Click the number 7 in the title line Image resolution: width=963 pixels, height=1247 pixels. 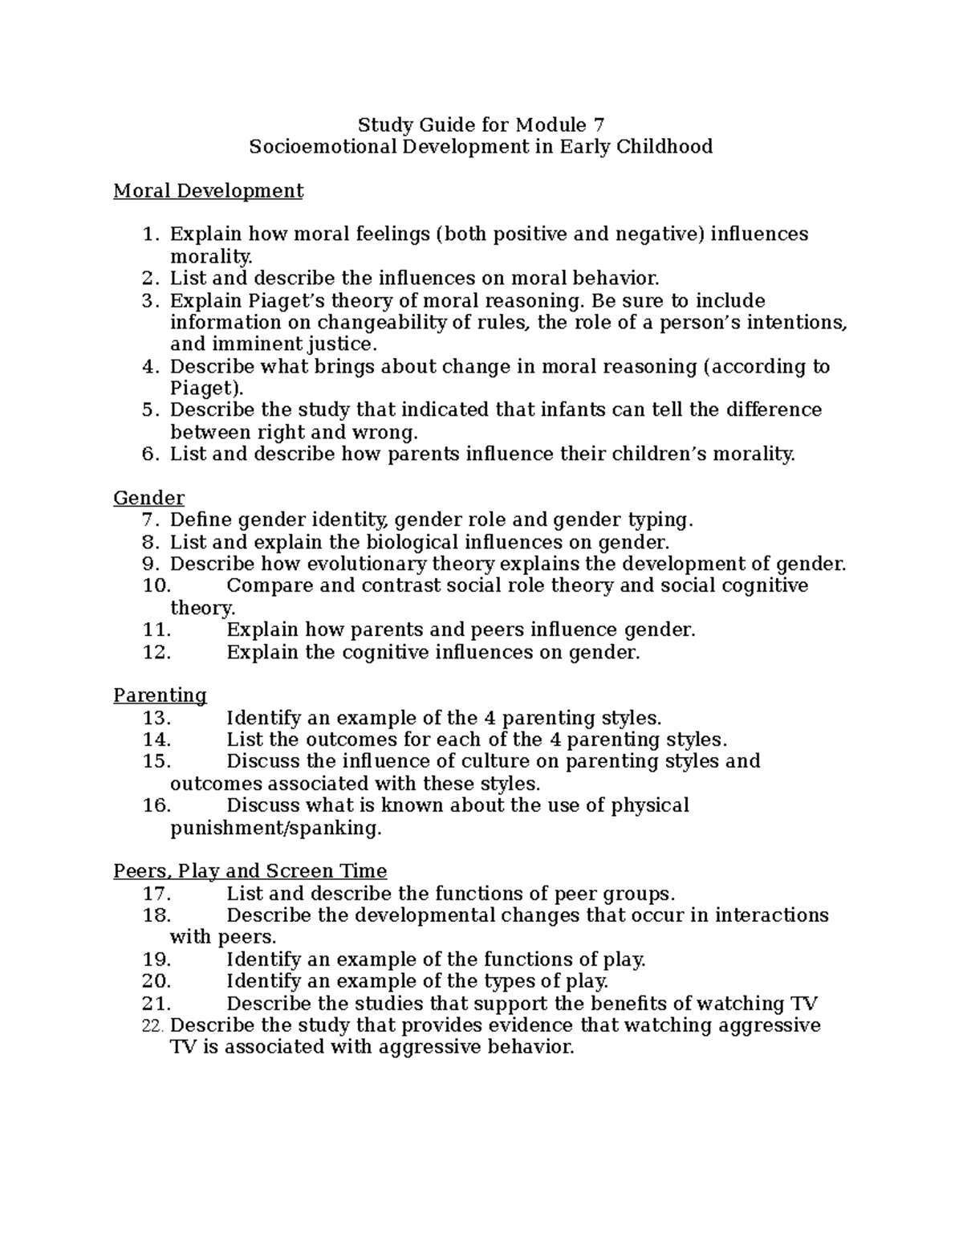(597, 125)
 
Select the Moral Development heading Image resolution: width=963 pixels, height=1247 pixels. (209, 191)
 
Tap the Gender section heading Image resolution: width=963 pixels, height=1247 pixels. (149, 498)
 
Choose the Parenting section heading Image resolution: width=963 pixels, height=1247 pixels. (160, 695)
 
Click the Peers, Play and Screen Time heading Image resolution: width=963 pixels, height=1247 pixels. (250, 871)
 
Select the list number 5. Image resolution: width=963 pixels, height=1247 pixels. (149, 410)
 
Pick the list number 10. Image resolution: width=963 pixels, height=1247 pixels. (156, 585)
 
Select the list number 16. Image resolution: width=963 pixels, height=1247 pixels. (156, 805)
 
